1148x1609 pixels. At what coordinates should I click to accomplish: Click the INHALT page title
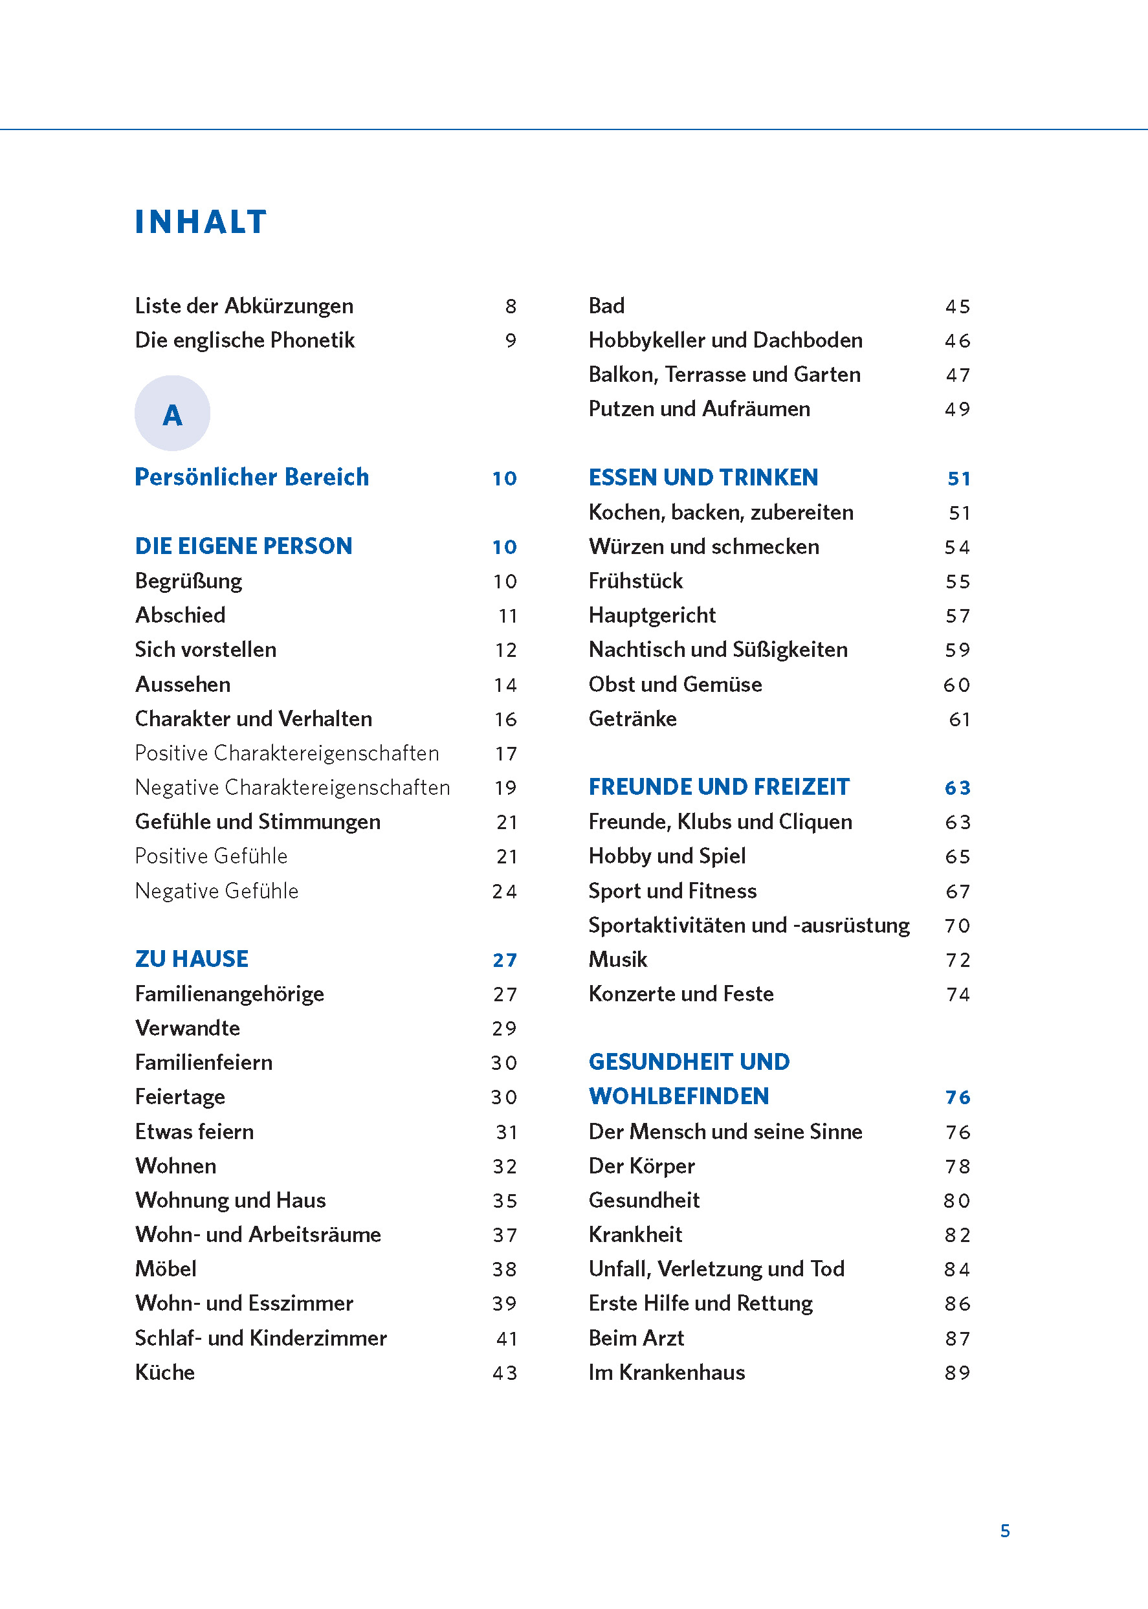(201, 222)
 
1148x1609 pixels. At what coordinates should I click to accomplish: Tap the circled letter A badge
(173, 414)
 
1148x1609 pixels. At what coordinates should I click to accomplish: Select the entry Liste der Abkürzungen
(244, 306)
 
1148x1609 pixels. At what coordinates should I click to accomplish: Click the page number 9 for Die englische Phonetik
(511, 340)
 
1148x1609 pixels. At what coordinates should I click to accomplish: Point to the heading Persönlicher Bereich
(252, 477)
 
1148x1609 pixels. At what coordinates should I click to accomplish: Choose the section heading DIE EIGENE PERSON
(243, 546)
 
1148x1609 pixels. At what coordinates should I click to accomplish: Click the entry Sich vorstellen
(206, 650)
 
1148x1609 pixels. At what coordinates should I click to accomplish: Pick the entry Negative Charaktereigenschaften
(292, 788)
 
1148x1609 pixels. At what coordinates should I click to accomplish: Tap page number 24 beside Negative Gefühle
(505, 891)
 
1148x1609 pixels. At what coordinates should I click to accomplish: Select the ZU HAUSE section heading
(192, 959)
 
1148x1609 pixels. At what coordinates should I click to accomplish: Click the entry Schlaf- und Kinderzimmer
(261, 1338)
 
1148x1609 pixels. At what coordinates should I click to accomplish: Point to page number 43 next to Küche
(505, 1373)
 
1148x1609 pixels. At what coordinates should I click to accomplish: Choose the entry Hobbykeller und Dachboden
(725, 340)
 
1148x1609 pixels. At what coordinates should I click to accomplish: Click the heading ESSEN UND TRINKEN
(703, 478)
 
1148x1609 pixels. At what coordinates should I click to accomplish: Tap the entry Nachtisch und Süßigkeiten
(718, 650)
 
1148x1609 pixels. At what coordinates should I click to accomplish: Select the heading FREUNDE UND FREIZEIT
(718, 787)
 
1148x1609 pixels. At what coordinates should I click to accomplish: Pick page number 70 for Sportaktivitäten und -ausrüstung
(957, 926)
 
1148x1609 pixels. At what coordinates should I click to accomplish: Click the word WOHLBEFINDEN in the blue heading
(679, 1096)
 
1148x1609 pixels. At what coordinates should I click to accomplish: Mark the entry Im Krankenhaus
(667, 1373)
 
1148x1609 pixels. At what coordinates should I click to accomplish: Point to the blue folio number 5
(1004, 1531)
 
